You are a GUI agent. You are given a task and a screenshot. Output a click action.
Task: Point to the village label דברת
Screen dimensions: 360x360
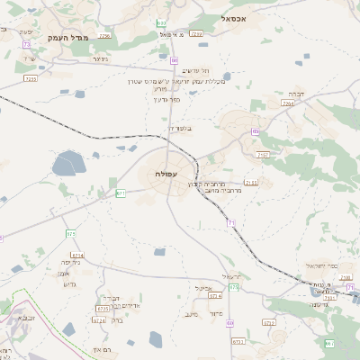296,93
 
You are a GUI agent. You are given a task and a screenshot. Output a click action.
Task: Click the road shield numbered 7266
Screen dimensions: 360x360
104,36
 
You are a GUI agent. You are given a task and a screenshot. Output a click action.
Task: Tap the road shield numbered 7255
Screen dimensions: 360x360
30,78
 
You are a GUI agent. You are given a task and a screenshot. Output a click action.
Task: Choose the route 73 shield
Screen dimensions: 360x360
27,43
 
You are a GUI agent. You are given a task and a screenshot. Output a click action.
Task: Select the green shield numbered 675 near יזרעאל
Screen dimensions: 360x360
233,287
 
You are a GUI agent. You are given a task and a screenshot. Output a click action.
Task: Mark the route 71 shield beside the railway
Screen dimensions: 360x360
230,222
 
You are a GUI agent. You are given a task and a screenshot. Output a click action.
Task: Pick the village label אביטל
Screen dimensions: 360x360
202,288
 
